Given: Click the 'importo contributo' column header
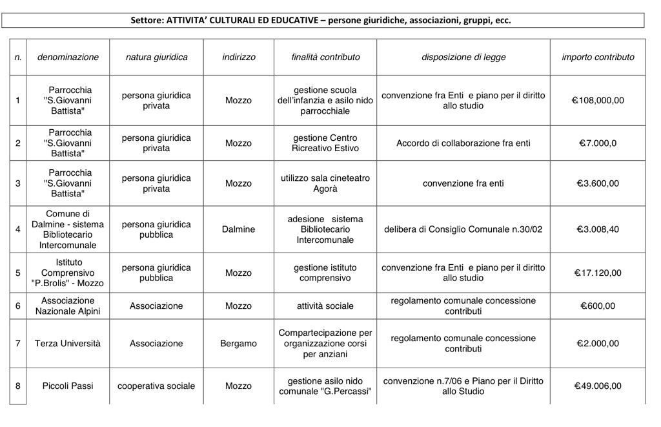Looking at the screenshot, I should (x=598, y=57).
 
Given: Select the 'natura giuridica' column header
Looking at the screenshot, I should (x=156, y=57).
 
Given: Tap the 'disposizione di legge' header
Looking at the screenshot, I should (x=463, y=57).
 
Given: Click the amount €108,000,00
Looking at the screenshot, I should (x=598, y=100).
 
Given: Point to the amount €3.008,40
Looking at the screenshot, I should (x=598, y=229).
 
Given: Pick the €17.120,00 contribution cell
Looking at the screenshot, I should (x=598, y=273).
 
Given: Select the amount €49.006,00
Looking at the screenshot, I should (x=598, y=386).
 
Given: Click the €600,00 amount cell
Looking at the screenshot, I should (x=598, y=306).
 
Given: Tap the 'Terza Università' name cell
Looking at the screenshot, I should (x=68, y=343).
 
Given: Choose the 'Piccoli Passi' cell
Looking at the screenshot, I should (x=68, y=386).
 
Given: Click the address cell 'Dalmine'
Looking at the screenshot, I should (x=238, y=229).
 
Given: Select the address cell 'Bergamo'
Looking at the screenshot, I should (x=238, y=343).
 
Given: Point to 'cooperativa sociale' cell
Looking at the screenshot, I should (x=156, y=386).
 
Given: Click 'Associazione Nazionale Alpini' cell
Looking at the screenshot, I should (x=68, y=306).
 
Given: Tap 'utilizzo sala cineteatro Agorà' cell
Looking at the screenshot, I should (x=325, y=183).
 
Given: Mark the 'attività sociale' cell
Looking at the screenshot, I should (x=325, y=306).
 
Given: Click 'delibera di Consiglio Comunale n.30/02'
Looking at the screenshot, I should (x=463, y=229).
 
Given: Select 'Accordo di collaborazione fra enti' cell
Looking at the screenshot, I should (x=463, y=143).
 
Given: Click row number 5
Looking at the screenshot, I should (x=18, y=273).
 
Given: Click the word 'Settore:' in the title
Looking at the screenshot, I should (x=148, y=20).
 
